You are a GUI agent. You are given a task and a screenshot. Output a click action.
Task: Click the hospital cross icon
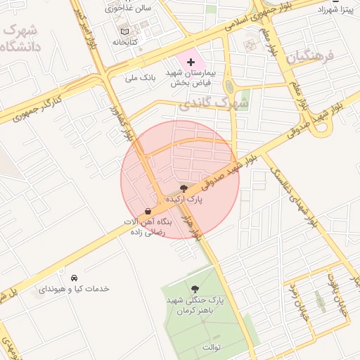pos(190,63)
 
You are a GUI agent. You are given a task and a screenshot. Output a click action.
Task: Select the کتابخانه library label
pos(124,42)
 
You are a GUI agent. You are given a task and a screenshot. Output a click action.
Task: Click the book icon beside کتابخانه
pos(124,32)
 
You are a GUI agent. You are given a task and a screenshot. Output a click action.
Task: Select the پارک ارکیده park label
pos(184,200)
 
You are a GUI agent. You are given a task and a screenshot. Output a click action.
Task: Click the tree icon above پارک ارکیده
pos(184,188)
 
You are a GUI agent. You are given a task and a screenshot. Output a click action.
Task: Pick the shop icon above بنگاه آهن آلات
pos(148,211)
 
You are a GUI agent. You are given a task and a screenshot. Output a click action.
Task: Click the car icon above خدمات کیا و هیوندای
pos(74,277)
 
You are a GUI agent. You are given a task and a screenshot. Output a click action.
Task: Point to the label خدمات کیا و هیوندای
pos(72,289)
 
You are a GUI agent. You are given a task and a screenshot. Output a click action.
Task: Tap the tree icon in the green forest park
pos(195,288)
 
